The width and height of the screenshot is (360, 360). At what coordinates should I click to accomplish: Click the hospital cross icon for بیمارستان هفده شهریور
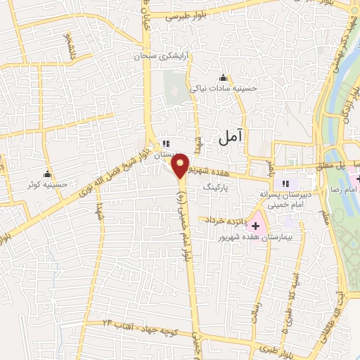pos(255,226)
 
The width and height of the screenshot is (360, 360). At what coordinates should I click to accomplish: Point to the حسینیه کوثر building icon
pos(49,174)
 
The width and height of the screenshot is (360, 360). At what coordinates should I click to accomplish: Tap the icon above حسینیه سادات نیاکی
pos(224,77)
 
